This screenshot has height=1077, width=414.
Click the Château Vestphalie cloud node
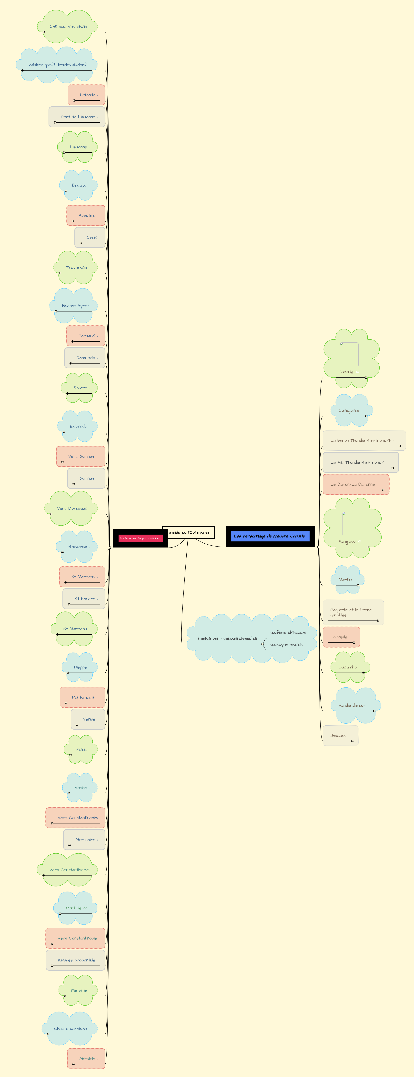68,27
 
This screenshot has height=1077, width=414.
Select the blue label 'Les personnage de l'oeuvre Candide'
270,536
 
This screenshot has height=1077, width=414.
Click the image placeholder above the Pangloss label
350,524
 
